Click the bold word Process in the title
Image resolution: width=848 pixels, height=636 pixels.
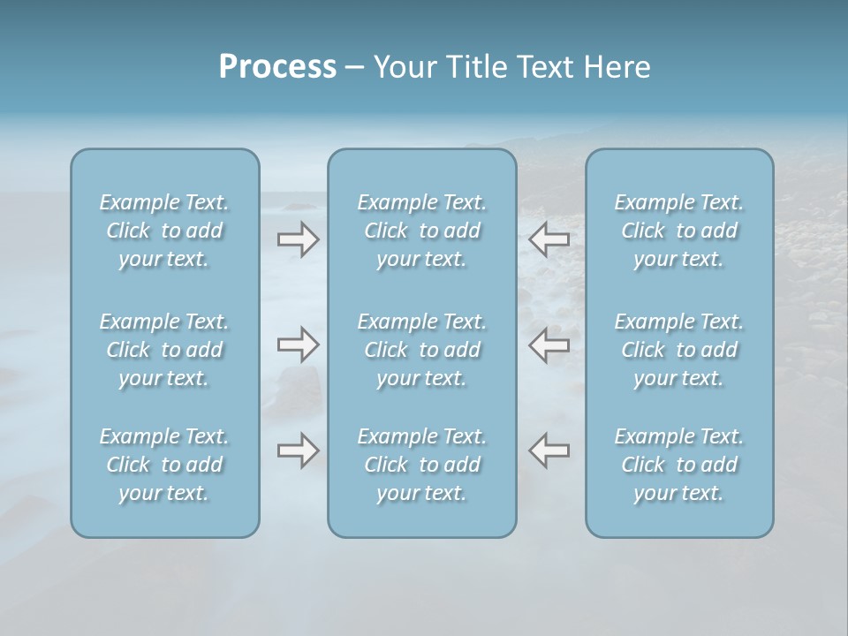277,67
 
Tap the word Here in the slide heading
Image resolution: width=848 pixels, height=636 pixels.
617,67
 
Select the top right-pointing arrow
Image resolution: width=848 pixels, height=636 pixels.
298,238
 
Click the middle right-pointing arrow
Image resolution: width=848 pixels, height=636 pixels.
298,344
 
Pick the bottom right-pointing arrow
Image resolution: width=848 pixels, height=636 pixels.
298,450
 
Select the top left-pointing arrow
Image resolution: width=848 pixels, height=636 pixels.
549,238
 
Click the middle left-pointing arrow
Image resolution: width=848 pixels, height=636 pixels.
549,344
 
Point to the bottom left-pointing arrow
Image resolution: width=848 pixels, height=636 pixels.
549,450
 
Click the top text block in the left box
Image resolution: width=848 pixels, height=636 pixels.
164,231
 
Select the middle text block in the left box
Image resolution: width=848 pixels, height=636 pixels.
164,350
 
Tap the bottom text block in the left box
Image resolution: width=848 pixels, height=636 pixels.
164,465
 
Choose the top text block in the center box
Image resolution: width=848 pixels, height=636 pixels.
422,231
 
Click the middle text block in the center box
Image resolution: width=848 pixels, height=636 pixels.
422,350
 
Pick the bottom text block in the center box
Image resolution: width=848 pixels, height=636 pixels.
422,465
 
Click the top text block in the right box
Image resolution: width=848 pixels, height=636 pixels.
679,231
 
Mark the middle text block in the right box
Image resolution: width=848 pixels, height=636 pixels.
679,350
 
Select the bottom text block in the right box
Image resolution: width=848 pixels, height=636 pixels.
679,465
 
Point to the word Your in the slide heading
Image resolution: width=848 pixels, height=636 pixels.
403,67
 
